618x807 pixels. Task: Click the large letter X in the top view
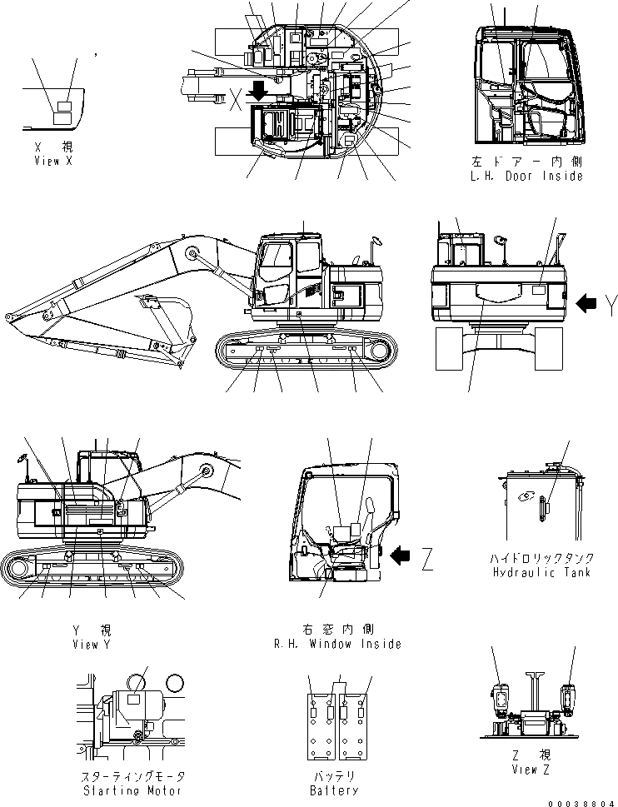[x=237, y=100]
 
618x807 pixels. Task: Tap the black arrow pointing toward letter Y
[x=586, y=306]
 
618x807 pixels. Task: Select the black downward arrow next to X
[x=260, y=89]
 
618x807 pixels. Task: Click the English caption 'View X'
[x=53, y=161]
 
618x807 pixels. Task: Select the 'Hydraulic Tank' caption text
[x=541, y=574]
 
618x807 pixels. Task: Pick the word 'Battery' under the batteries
[x=334, y=790]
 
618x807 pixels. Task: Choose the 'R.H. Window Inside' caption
[x=337, y=643]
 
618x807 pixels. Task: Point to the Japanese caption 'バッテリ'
[x=334, y=775]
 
